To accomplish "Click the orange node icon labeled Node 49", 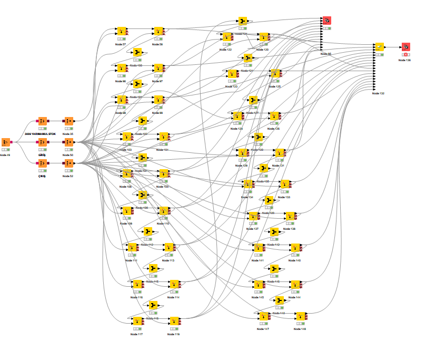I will tap(6, 142).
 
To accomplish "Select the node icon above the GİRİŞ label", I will tap(43, 142).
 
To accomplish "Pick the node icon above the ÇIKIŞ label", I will tap(43, 163).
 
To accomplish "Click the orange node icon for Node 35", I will tap(68, 121).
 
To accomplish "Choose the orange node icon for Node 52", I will tap(68, 163).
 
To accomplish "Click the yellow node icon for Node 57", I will tap(121, 32).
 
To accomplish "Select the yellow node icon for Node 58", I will tap(158, 32).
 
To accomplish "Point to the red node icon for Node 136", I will tap(405, 47).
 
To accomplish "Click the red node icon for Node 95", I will tap(326, 21).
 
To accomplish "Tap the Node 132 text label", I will tap(378, 93).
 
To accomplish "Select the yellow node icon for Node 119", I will tap(174, 321).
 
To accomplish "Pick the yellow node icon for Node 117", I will tap(137, 321).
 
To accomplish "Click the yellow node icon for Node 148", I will tap(300, 316).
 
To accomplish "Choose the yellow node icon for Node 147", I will tap(263, 316).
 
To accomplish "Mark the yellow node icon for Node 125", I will tap(274, 73).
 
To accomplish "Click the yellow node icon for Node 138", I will tap(290, 216).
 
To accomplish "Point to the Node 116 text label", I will tap(136, 298).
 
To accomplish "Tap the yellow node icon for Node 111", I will tap(132, 247).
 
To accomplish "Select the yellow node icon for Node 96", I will tap(121, 69).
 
